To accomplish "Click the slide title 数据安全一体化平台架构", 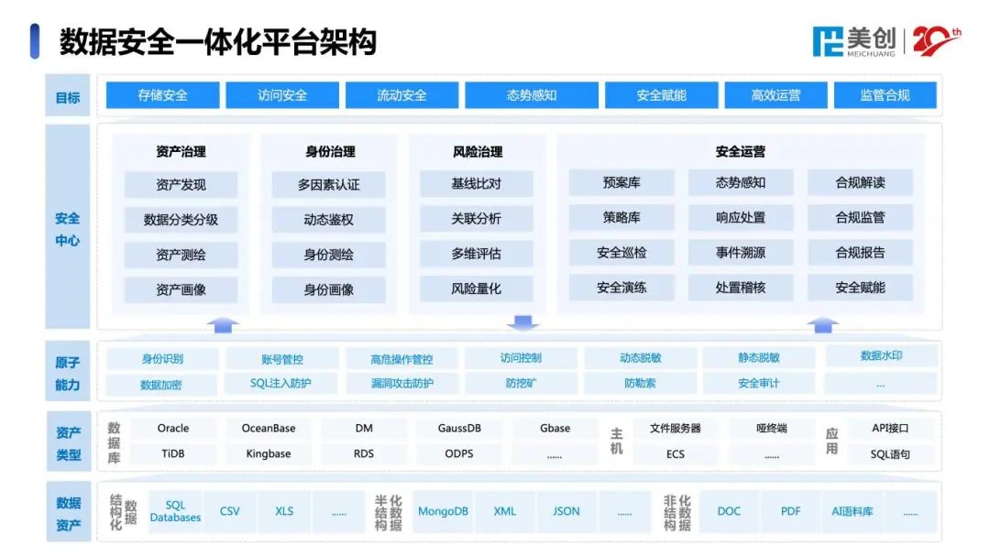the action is tap(218, 42).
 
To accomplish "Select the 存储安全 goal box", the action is tap(162, 95).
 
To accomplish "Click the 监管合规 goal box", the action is tap(885, 95).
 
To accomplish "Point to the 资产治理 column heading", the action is tap(181, 152).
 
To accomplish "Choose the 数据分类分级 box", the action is tap(181, 220).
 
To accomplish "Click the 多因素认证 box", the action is tap(328, 185).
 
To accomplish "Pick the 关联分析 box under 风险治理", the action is tap(476, 219).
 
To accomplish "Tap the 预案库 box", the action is tap(621, 183).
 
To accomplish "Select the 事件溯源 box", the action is tap(741, 253).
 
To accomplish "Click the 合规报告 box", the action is tap(860, 253).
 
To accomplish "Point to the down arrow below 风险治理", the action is tap(522, 322).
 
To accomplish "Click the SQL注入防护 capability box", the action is tap(280, 384).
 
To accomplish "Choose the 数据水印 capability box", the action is tap(881, 356).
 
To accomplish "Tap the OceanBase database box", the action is tap(269, 429).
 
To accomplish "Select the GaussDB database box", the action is tap(459, 429).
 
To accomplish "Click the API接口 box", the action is tap(890, 429).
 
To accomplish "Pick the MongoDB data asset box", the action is tap(443, 512).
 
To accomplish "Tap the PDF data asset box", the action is tap(791, 512).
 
